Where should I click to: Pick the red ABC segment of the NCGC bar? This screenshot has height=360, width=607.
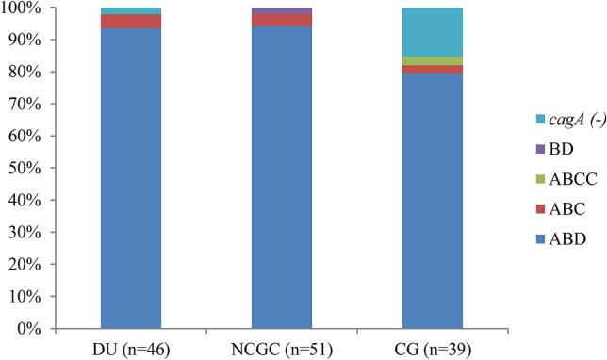[x=281, y=20]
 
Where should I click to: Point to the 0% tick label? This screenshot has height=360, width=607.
[x=30, y=330]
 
